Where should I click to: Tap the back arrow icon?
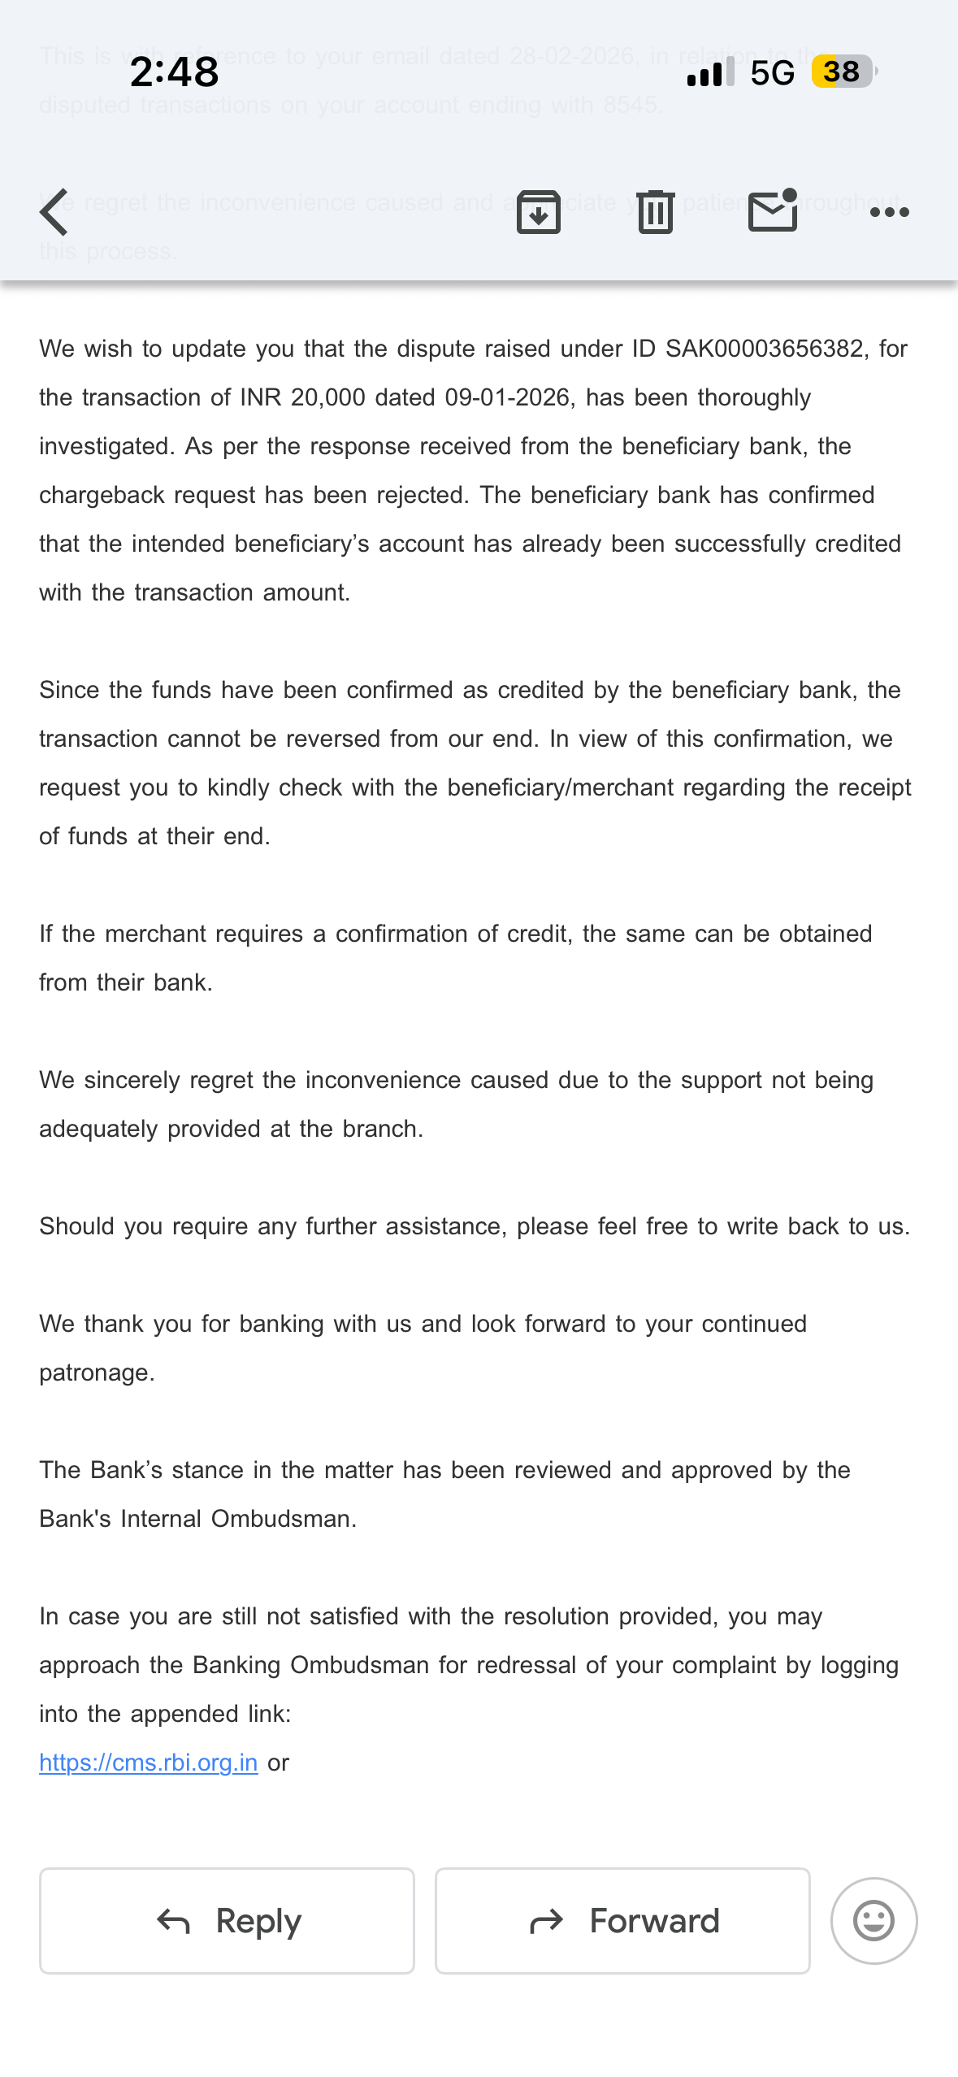(x=54, y=212)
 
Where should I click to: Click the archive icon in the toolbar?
(x=539, y=212)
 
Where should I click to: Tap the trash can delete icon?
(x=656, y=212)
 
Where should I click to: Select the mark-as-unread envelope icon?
(x=772, y=211)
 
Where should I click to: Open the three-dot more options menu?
(x=889, y=212)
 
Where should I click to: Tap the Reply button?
(x=227, y=1920)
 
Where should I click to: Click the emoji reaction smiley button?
(x=873, y=1920)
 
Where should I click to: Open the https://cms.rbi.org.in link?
(x=149, y=1763)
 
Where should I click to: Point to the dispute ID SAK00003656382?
(x=764, y=349)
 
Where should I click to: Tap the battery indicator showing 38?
(x=843, y=72)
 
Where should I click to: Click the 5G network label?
(x=772, y=73)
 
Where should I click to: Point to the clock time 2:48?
(x=174, y=72)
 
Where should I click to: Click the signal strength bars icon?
(x=709, y=73)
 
